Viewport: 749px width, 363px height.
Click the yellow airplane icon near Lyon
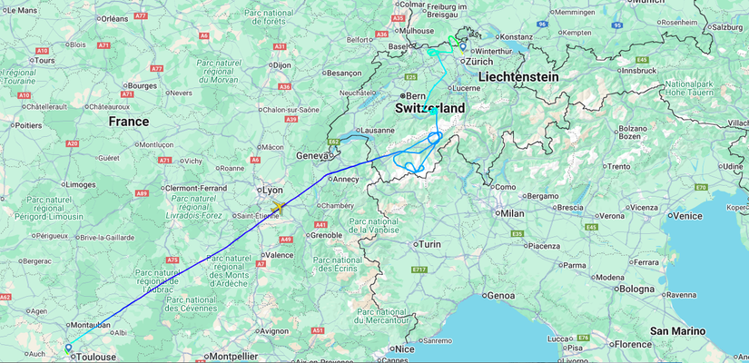277,208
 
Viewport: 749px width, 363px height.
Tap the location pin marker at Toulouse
68,347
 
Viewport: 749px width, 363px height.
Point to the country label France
128,122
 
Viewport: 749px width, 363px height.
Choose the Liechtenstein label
518,77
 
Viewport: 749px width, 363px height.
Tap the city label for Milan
512,213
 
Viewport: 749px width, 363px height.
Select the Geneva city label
310,156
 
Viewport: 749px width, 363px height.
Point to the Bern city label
416,95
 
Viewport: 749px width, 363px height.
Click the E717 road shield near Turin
419,270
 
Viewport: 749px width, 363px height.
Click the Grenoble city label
325,235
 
